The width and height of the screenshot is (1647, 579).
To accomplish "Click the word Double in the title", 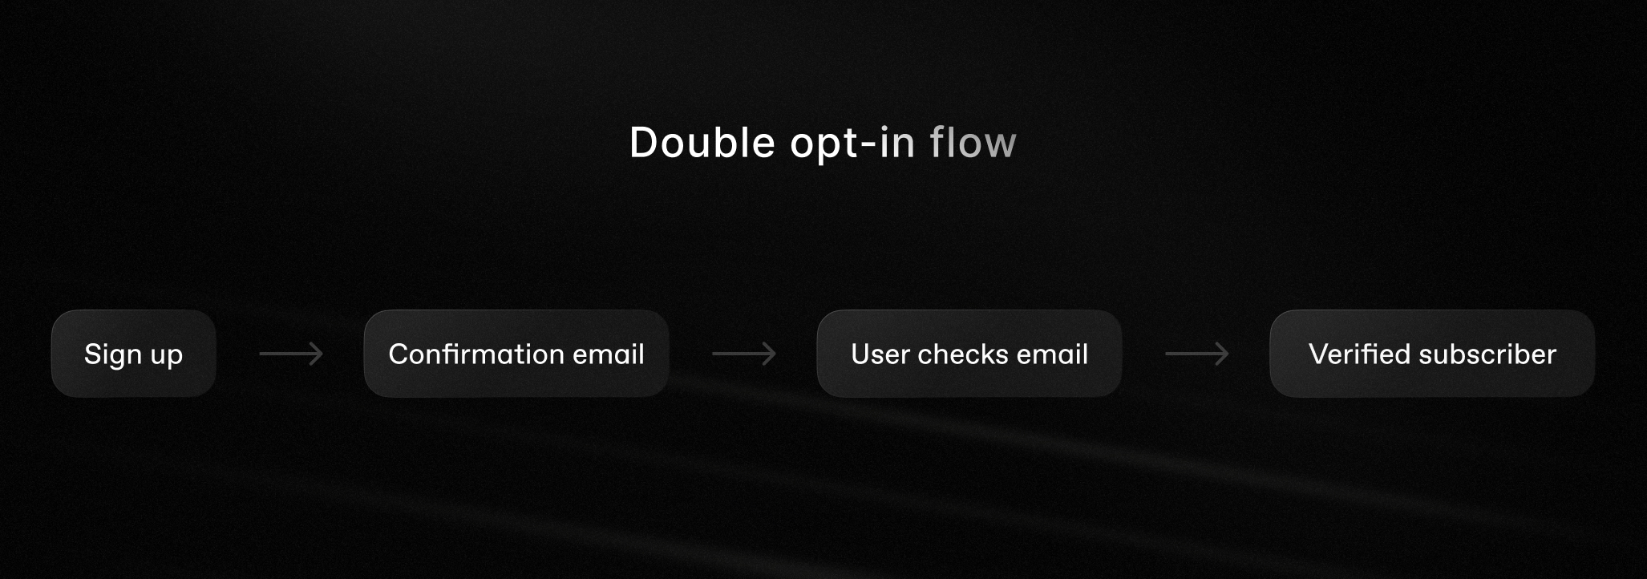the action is [x=702, y=143].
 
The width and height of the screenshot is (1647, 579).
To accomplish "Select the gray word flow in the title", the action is [x=973, y=143].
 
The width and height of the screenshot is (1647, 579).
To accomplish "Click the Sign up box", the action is [x=134, y=354].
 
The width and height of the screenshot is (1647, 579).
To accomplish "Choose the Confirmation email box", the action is [x=516, y=354].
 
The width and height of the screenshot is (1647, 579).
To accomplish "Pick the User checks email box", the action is [x=969, y=354].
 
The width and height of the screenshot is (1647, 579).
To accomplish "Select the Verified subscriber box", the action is [x=1432, y=354].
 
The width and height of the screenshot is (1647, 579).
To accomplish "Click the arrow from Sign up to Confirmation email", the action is [x=291, y=354].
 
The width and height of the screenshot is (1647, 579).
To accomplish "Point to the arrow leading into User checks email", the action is [x=744, y=354].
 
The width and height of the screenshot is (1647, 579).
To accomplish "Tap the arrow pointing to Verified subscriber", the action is [x=1197, y=354].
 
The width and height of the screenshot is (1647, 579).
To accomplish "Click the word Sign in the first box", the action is [x=113, y=354].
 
